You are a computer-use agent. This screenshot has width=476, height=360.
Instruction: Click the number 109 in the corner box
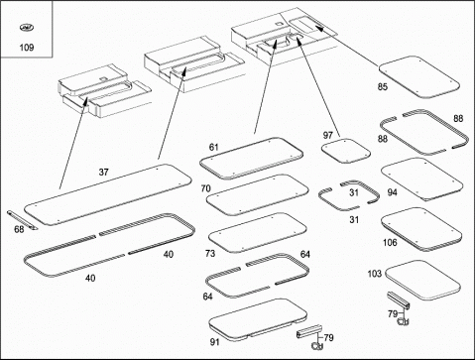[x=27, y=48]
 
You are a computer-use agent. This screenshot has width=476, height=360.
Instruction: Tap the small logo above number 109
[x=27, y=28]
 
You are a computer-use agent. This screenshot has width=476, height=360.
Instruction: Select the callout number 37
[x=103, y=173]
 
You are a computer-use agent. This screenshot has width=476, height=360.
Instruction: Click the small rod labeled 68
[x=23, y=220]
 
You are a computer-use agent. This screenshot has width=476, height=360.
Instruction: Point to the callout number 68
[x=19, y=229]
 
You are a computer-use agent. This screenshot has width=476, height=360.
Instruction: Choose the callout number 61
[x=214, y=147]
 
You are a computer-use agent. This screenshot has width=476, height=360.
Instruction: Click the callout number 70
[x=205, y=188]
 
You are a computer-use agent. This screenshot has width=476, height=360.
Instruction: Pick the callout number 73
[x=210, y=254]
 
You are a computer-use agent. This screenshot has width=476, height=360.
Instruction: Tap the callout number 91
[x=215, y=342]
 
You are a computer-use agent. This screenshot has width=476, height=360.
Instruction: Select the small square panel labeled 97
[x=346, y=151]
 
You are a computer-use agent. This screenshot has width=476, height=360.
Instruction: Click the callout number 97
[x=327, y=135]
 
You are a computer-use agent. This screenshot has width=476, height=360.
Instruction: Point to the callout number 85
[x=383, y=87]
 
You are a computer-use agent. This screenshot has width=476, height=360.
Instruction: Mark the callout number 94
[x=392, y=192]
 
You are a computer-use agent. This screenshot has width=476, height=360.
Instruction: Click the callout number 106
[x=390, y=243]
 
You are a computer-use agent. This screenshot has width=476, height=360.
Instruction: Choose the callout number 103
[x=375, y=274]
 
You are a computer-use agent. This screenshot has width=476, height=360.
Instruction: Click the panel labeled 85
[x=419, y=77]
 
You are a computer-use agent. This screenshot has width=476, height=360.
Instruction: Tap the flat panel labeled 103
[x=423, y=281]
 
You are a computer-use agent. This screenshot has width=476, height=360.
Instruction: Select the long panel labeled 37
[x=108, y=194]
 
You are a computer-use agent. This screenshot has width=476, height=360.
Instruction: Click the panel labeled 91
[x=259, y=319]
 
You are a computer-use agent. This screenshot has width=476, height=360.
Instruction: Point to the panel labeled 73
[x=258, y=233]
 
